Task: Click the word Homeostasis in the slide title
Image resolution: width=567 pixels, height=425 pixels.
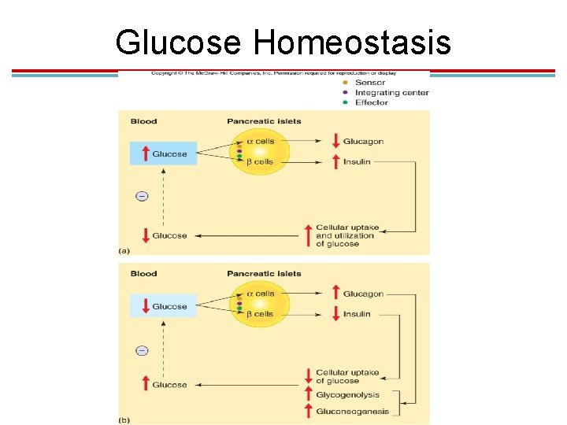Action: coord(352,42)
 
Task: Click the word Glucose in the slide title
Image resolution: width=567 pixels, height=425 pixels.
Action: coord(178,42)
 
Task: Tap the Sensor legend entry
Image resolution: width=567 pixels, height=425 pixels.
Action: coord(370,83)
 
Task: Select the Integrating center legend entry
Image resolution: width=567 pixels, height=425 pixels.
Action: coord(391,93)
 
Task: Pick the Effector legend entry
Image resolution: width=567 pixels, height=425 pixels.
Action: coord(371,102)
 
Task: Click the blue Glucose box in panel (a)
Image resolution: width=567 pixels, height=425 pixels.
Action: coord(163,153)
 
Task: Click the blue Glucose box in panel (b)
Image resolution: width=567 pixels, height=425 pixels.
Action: coord(163,306)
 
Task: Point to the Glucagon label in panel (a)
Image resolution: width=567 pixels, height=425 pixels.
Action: coord(363,142)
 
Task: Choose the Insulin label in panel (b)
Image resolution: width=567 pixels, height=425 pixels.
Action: coord(357,314)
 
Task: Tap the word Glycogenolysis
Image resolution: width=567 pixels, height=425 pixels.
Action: coord(347,395)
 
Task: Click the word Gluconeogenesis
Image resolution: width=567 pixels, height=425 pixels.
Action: coord(352,411)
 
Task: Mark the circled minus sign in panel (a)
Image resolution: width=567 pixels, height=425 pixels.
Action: coord(142,196)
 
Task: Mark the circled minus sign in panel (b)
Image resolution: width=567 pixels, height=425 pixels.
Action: coord(142,350)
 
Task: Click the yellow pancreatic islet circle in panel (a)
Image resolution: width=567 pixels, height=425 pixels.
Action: coord(261,151)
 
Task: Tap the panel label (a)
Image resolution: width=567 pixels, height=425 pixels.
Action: coord(124,250)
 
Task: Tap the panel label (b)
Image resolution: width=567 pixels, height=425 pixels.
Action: coord(124,419)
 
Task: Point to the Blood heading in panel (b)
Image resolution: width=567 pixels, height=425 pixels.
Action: coord(143,274)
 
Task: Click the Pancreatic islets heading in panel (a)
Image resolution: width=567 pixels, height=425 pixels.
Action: coord(264,121)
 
